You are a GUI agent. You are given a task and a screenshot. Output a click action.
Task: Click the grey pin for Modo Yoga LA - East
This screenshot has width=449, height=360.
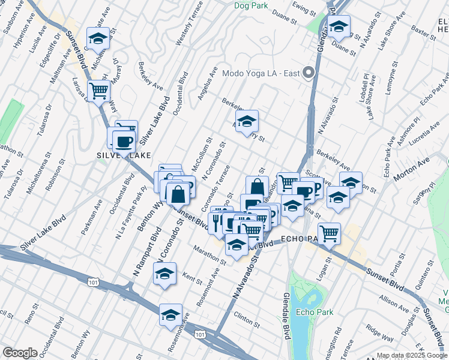tap(309, 73)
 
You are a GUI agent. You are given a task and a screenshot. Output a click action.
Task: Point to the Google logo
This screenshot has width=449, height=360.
tap(20, 353)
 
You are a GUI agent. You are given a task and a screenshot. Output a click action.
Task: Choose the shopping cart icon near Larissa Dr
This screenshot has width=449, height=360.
tap(98, 91)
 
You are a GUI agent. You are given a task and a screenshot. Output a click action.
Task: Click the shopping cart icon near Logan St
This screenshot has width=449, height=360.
tap(329, 233)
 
